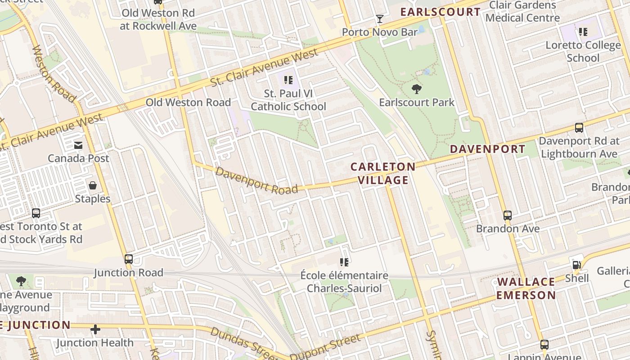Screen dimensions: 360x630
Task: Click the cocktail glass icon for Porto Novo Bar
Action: [x=380, y=19]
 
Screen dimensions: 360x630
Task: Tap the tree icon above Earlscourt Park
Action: [x=417, y=89]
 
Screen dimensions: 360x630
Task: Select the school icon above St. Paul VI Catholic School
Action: [x=288, y=81]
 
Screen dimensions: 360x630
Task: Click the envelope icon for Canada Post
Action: [x=78, y=145]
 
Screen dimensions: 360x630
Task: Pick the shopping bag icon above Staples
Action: [x=93, y=185]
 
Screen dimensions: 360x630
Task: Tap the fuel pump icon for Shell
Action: [x=576, y=265]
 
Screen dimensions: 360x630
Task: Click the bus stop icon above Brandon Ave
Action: [x=508, y=216]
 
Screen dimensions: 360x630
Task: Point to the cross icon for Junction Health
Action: [x=95, y=330]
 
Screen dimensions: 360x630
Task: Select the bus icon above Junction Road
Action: [x=129, y=259]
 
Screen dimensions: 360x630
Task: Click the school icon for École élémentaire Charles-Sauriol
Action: [x=344, y=262]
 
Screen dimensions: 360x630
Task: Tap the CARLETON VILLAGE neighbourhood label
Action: [x=383, y=174]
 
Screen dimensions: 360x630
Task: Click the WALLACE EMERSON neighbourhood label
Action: [x=526, y=288]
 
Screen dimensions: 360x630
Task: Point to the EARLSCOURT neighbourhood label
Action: [x=440, y=12]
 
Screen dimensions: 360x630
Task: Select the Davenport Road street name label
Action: [x=256, y=180]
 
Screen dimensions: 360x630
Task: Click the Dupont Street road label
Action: [x=325, y=347]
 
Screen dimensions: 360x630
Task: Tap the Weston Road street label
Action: [x=53, y=73]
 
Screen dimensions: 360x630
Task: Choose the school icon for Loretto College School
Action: [x=583, y=32]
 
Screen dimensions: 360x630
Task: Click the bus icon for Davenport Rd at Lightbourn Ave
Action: [x=579, y=128]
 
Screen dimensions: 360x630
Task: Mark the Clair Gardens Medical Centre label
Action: [x=522, y=12]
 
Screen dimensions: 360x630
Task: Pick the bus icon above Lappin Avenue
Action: [x=544, y=345]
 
